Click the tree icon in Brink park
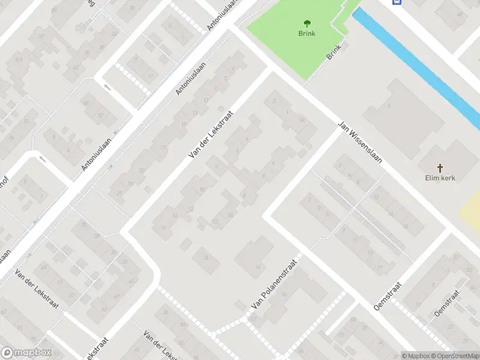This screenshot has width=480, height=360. [307, 24]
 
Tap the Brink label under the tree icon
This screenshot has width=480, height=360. [307, 34]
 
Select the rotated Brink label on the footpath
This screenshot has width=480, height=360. [334, 52]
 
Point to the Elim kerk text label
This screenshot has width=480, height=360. [440, 178]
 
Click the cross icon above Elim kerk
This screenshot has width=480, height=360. [440, 168]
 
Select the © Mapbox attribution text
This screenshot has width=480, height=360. [416, 356]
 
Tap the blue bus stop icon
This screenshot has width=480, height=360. [397, 2]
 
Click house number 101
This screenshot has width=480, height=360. [19, 60]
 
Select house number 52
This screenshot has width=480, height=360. [100, 115]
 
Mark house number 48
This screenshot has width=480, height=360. [86, 103]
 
